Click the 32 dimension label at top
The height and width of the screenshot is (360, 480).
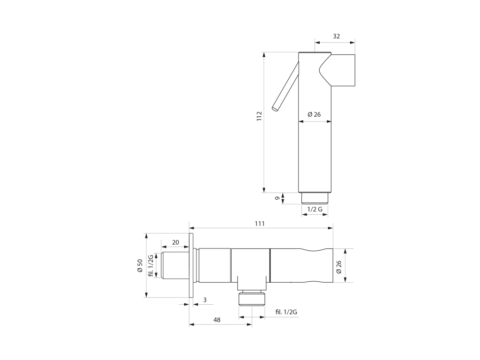point(336,36)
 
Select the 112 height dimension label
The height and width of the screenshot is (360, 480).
point(259,116)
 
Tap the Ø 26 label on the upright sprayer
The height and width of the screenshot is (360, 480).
point(314,114)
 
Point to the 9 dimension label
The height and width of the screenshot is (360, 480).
point(277,198)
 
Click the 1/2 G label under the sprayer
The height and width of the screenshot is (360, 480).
point(315,210)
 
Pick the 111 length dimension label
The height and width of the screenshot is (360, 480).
point(260,224)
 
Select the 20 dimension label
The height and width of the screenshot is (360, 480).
point(175,242)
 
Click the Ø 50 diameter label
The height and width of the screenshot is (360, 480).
point(140,265)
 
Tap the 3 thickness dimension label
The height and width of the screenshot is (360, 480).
point(205,300)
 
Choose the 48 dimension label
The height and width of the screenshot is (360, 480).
point(217,320)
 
